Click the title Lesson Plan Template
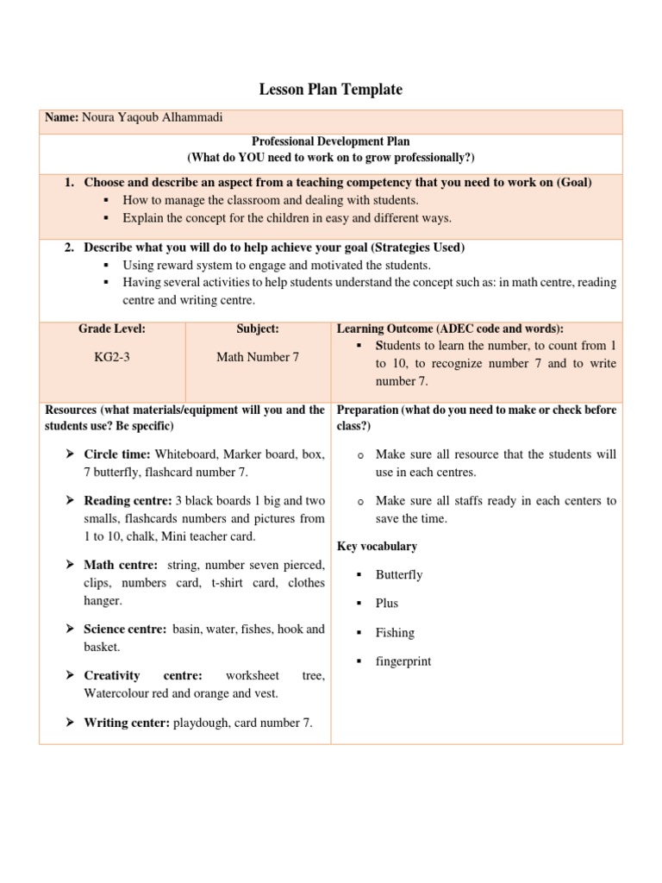[331, 89]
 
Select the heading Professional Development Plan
[330, 141]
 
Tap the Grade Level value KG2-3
[112, 357]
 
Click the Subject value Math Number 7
[258, 357]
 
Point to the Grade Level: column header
[112, 329]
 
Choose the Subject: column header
[258, 329]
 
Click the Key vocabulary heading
[377, 546]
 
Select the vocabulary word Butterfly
[399, 574]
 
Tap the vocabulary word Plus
[387, 603]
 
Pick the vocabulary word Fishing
[395, 632]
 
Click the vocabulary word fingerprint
[403, 661]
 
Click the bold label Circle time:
[117, 454]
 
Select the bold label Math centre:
[121, 565]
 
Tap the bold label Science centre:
[125, 629]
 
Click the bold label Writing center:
[126, 723]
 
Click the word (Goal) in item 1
[574, 182]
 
